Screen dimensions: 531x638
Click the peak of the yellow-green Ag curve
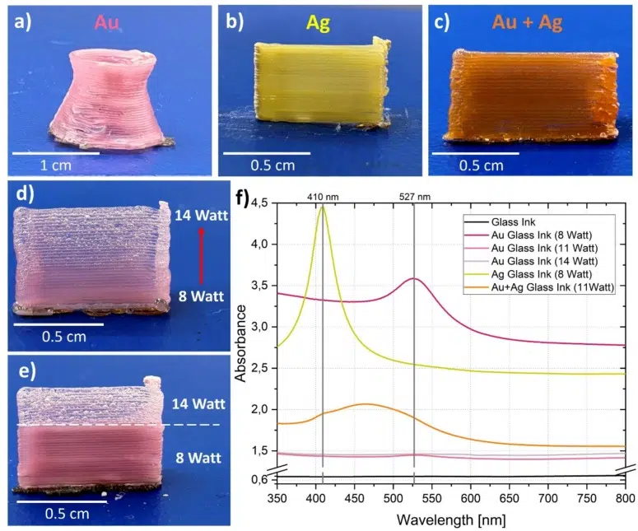tap(323, 206)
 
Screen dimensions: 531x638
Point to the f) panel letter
tap(244, 198)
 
